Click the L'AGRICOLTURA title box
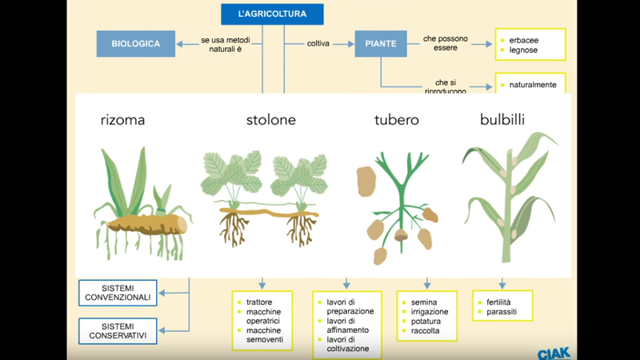tap(272, 14)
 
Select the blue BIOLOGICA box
tap(136, 44)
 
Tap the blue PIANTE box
tap(380, 44)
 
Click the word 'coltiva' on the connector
tap(318, 44)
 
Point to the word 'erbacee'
tap(524, 39)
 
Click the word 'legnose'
tap(523, 50)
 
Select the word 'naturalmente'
tap(532, 85)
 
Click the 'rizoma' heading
tap(122, 121)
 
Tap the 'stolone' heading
tap(271, 121)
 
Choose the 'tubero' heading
tap(396, 121)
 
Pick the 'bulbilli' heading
tap(502, 121)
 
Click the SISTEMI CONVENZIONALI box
tap(118, 293)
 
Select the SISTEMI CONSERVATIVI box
tap(118, 330)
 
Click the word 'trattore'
tap(259, 302)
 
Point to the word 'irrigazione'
tap(430, 312)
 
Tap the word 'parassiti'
tap(502, 312)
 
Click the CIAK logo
tap(554, 351)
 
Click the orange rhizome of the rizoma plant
tap(148, 222)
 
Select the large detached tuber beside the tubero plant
tap(366, 181)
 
